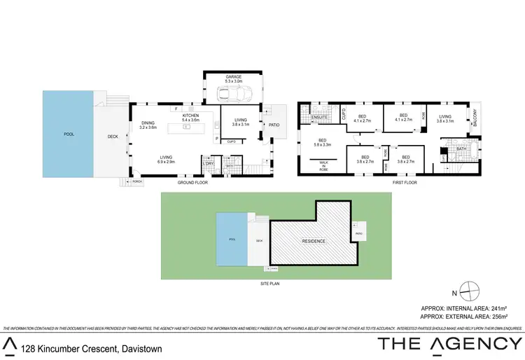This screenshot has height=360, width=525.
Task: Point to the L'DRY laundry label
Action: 208,164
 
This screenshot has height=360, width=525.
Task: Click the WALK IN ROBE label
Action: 323,166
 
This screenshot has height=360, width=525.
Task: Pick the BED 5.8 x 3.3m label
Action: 323,142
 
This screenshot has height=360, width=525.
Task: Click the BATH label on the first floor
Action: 461,149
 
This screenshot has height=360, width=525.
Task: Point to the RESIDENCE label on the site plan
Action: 314,241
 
